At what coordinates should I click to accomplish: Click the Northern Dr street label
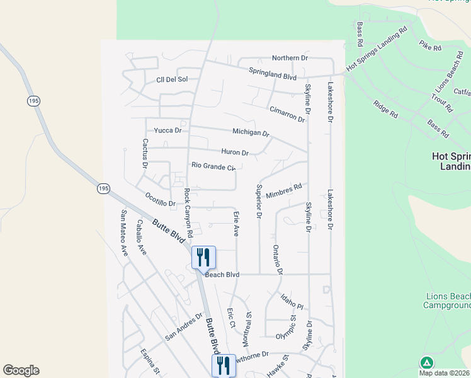[290, 58]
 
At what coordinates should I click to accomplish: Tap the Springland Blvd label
[273, 74]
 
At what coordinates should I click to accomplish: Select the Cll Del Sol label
[172, 79]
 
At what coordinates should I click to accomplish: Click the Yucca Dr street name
[168, 130]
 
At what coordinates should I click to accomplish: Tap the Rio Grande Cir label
[213, 166]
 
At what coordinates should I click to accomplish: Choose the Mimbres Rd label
[284, 192]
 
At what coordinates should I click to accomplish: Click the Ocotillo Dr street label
[160, 200]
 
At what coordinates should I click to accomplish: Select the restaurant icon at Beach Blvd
[203, 257]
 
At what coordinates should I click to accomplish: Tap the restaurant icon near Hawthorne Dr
[224, 365]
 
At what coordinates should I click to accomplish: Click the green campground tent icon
[426, 362]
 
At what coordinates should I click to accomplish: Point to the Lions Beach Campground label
[448, 301]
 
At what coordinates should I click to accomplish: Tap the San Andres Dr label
[184, 327]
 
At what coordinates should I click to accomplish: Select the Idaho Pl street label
[292, 301]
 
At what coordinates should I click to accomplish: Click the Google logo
[21, 370]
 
